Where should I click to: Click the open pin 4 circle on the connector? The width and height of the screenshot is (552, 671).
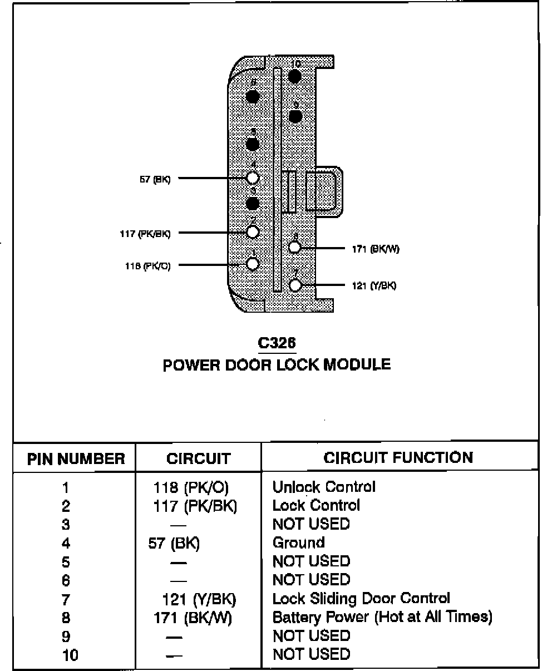click(x=253, y=177)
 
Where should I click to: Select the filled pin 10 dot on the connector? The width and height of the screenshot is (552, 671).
click(x=295, y=76)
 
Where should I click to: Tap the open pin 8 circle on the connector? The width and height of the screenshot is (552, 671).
click(x=295, y=248)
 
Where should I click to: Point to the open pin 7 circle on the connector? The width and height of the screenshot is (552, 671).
click(x=295, y=285)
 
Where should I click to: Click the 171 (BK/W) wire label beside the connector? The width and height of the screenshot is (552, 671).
click(x=376, y=249)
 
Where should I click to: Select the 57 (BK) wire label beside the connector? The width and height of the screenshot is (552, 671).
click(x=155, y=180)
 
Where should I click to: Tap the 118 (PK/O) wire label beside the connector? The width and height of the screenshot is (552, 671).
click(x=147, y=266)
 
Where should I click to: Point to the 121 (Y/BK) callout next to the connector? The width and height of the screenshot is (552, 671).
click(x=374, y=286)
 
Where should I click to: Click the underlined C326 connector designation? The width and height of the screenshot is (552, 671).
click(x=277, y=344)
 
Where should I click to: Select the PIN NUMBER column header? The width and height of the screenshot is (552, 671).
click(x=76, y=459)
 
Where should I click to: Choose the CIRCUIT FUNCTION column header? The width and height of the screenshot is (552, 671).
click(x=398, y=458)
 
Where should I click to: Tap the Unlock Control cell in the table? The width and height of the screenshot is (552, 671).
click(x=324, y=487)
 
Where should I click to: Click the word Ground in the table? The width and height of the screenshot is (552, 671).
click(x=298, y=542)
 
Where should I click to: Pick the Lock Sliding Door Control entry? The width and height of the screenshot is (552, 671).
click(x=361, y=599)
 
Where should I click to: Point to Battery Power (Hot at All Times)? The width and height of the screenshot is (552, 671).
click(x=382, y=617)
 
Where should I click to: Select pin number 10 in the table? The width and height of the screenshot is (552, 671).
click(x=71, y=655)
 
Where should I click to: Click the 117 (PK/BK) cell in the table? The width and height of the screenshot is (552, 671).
click(x=195, y=506)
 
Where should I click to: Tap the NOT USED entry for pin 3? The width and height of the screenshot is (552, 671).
click(x=311, y=524)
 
